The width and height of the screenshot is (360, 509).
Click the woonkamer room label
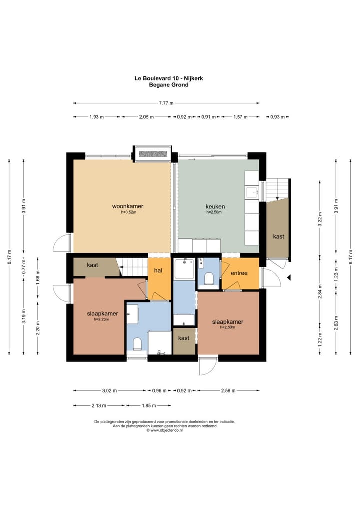tap(128, 206)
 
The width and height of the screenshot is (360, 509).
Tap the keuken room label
tap(215, 207)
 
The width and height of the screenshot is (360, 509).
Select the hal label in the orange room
tap(158, 270)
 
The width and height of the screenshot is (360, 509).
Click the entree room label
tap(239, 273)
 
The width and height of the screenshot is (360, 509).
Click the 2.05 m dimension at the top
tap(146, 117)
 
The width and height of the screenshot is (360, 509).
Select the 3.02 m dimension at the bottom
tap(109, 390)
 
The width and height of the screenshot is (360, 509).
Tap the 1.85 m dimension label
tap(149, 405)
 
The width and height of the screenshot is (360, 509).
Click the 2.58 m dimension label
tap(228, 390)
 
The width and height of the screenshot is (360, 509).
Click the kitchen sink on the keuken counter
tap(252, 192)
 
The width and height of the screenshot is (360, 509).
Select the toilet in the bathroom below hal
tap(137, 344)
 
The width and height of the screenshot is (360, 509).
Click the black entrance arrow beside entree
tap(288, 277)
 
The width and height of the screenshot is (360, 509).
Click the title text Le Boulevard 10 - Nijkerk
tap(169, 78)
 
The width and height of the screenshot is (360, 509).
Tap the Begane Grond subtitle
tap(169, 85)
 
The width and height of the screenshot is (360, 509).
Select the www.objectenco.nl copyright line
tap(164, 430)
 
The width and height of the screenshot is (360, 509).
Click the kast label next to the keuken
tap(279, 236)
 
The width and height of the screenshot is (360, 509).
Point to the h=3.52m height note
tap(128, 212)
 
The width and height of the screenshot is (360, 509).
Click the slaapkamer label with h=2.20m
tap(102, 314)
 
